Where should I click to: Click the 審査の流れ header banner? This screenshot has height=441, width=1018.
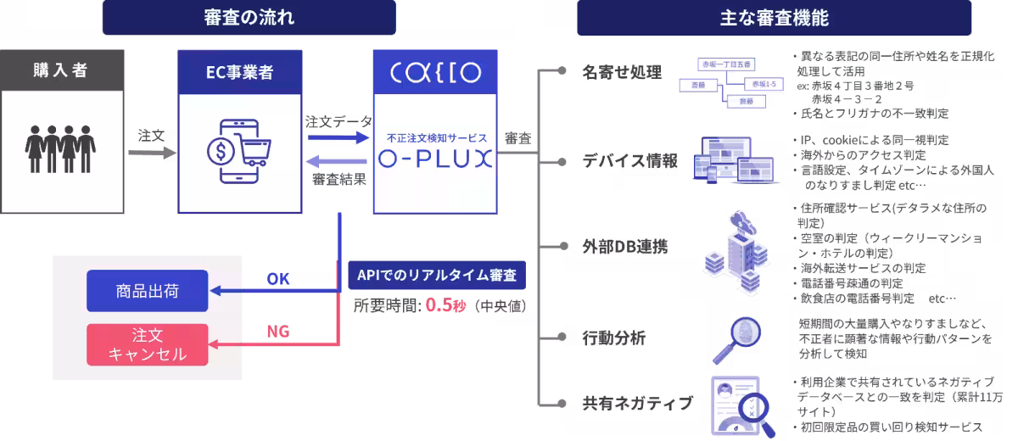(x=249, y=18)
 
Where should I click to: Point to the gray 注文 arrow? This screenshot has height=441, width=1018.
(x=152, y=154)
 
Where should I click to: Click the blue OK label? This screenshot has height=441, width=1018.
(x=278, y=279)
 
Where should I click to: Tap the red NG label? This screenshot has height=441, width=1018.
(x=278, y=332)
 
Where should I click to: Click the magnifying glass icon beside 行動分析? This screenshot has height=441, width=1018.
(x=733, y=338)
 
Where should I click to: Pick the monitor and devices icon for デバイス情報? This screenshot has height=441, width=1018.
(x=736, y=159)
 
